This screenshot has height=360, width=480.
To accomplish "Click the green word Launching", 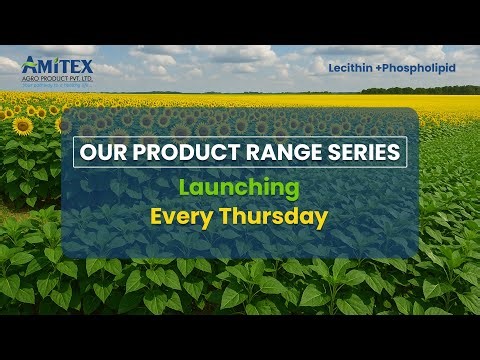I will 239,187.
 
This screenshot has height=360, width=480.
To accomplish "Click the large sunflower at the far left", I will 22,126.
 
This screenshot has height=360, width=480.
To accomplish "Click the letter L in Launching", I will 185,187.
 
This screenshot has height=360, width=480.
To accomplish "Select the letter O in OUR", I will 85,153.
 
